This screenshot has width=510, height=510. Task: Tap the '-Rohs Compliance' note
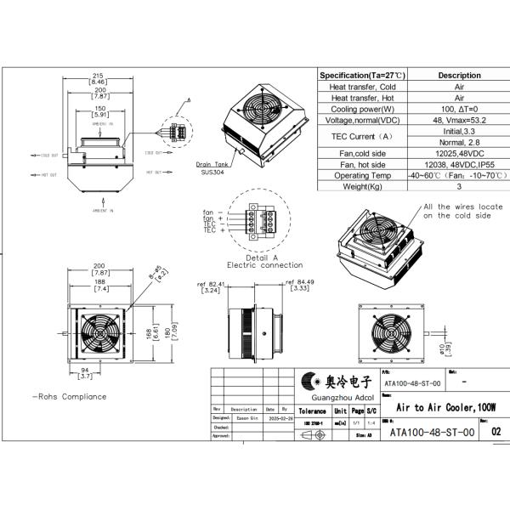70,396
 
